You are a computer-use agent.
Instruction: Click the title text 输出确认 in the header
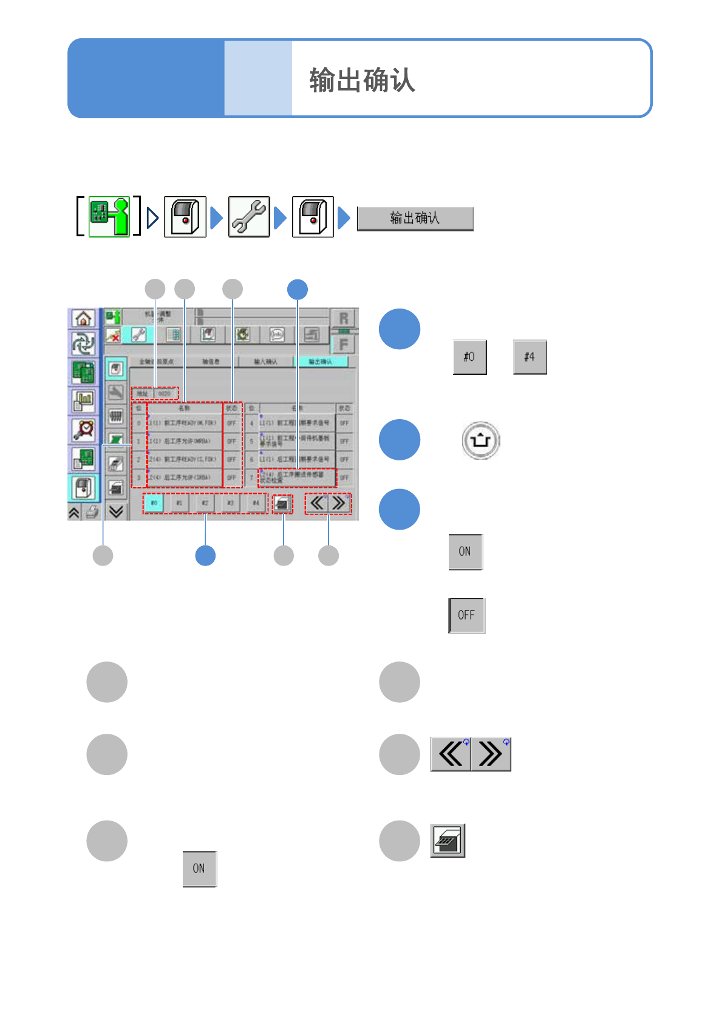362,80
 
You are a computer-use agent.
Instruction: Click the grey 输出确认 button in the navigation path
415,219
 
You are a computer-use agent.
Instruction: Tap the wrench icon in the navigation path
249,217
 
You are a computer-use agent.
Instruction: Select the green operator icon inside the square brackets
109,216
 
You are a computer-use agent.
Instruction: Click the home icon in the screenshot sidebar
83,318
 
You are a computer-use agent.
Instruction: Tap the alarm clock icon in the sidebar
83,429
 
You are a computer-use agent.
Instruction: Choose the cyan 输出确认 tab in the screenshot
321,361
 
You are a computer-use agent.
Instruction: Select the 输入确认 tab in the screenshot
265,361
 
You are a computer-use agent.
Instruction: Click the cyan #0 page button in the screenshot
154,503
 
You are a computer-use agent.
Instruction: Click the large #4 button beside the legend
530,357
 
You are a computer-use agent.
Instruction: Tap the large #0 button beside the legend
469,357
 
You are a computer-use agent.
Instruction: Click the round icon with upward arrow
480,440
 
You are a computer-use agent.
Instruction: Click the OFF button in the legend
466,615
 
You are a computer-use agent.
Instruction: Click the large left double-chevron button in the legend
451,754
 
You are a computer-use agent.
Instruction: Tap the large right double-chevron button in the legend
491,754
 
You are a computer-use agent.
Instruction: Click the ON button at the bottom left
199,869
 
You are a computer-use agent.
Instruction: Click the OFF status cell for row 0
231,423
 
